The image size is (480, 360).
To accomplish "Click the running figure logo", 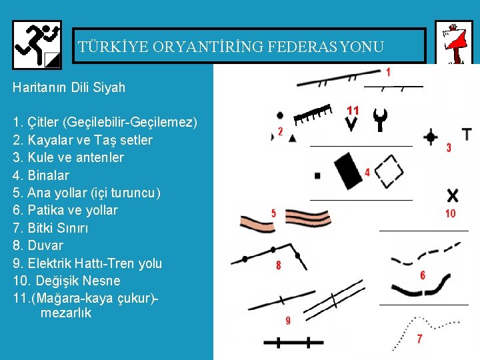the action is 37,45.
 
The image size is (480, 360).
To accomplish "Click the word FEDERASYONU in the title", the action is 325,47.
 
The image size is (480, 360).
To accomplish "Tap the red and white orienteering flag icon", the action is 455,43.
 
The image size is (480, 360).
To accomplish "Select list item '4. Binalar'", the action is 41,175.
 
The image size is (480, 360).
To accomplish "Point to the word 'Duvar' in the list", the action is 45,245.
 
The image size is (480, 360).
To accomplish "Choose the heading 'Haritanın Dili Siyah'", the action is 69,87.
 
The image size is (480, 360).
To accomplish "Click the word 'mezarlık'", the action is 66,313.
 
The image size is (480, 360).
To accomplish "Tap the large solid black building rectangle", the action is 348,171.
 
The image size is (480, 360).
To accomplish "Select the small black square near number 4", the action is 317,176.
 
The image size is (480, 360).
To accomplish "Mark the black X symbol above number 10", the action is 453,195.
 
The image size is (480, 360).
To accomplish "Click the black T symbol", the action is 467,134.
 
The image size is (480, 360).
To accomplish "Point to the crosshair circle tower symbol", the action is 431,137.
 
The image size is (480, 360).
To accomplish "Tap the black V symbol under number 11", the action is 351,124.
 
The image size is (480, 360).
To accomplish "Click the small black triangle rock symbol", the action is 293,139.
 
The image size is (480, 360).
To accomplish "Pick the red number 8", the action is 278,265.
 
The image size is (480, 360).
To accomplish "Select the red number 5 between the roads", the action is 274,213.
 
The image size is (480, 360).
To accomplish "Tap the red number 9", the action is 288,320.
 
